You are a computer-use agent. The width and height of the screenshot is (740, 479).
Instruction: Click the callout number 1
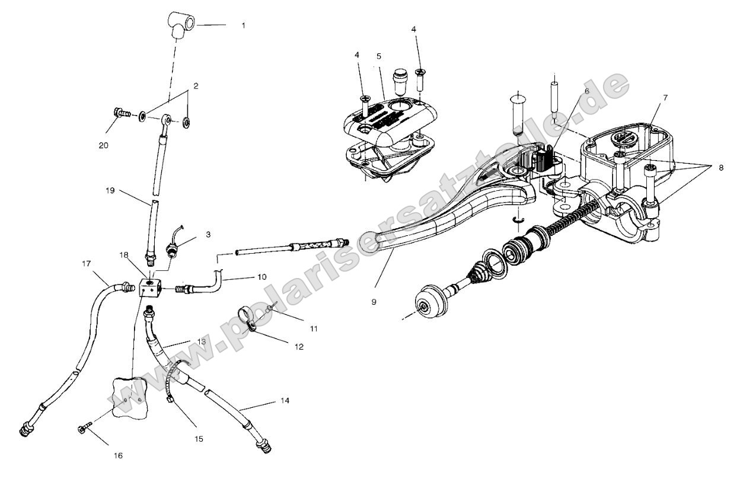pyautogui.click(x=243, y=26)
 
